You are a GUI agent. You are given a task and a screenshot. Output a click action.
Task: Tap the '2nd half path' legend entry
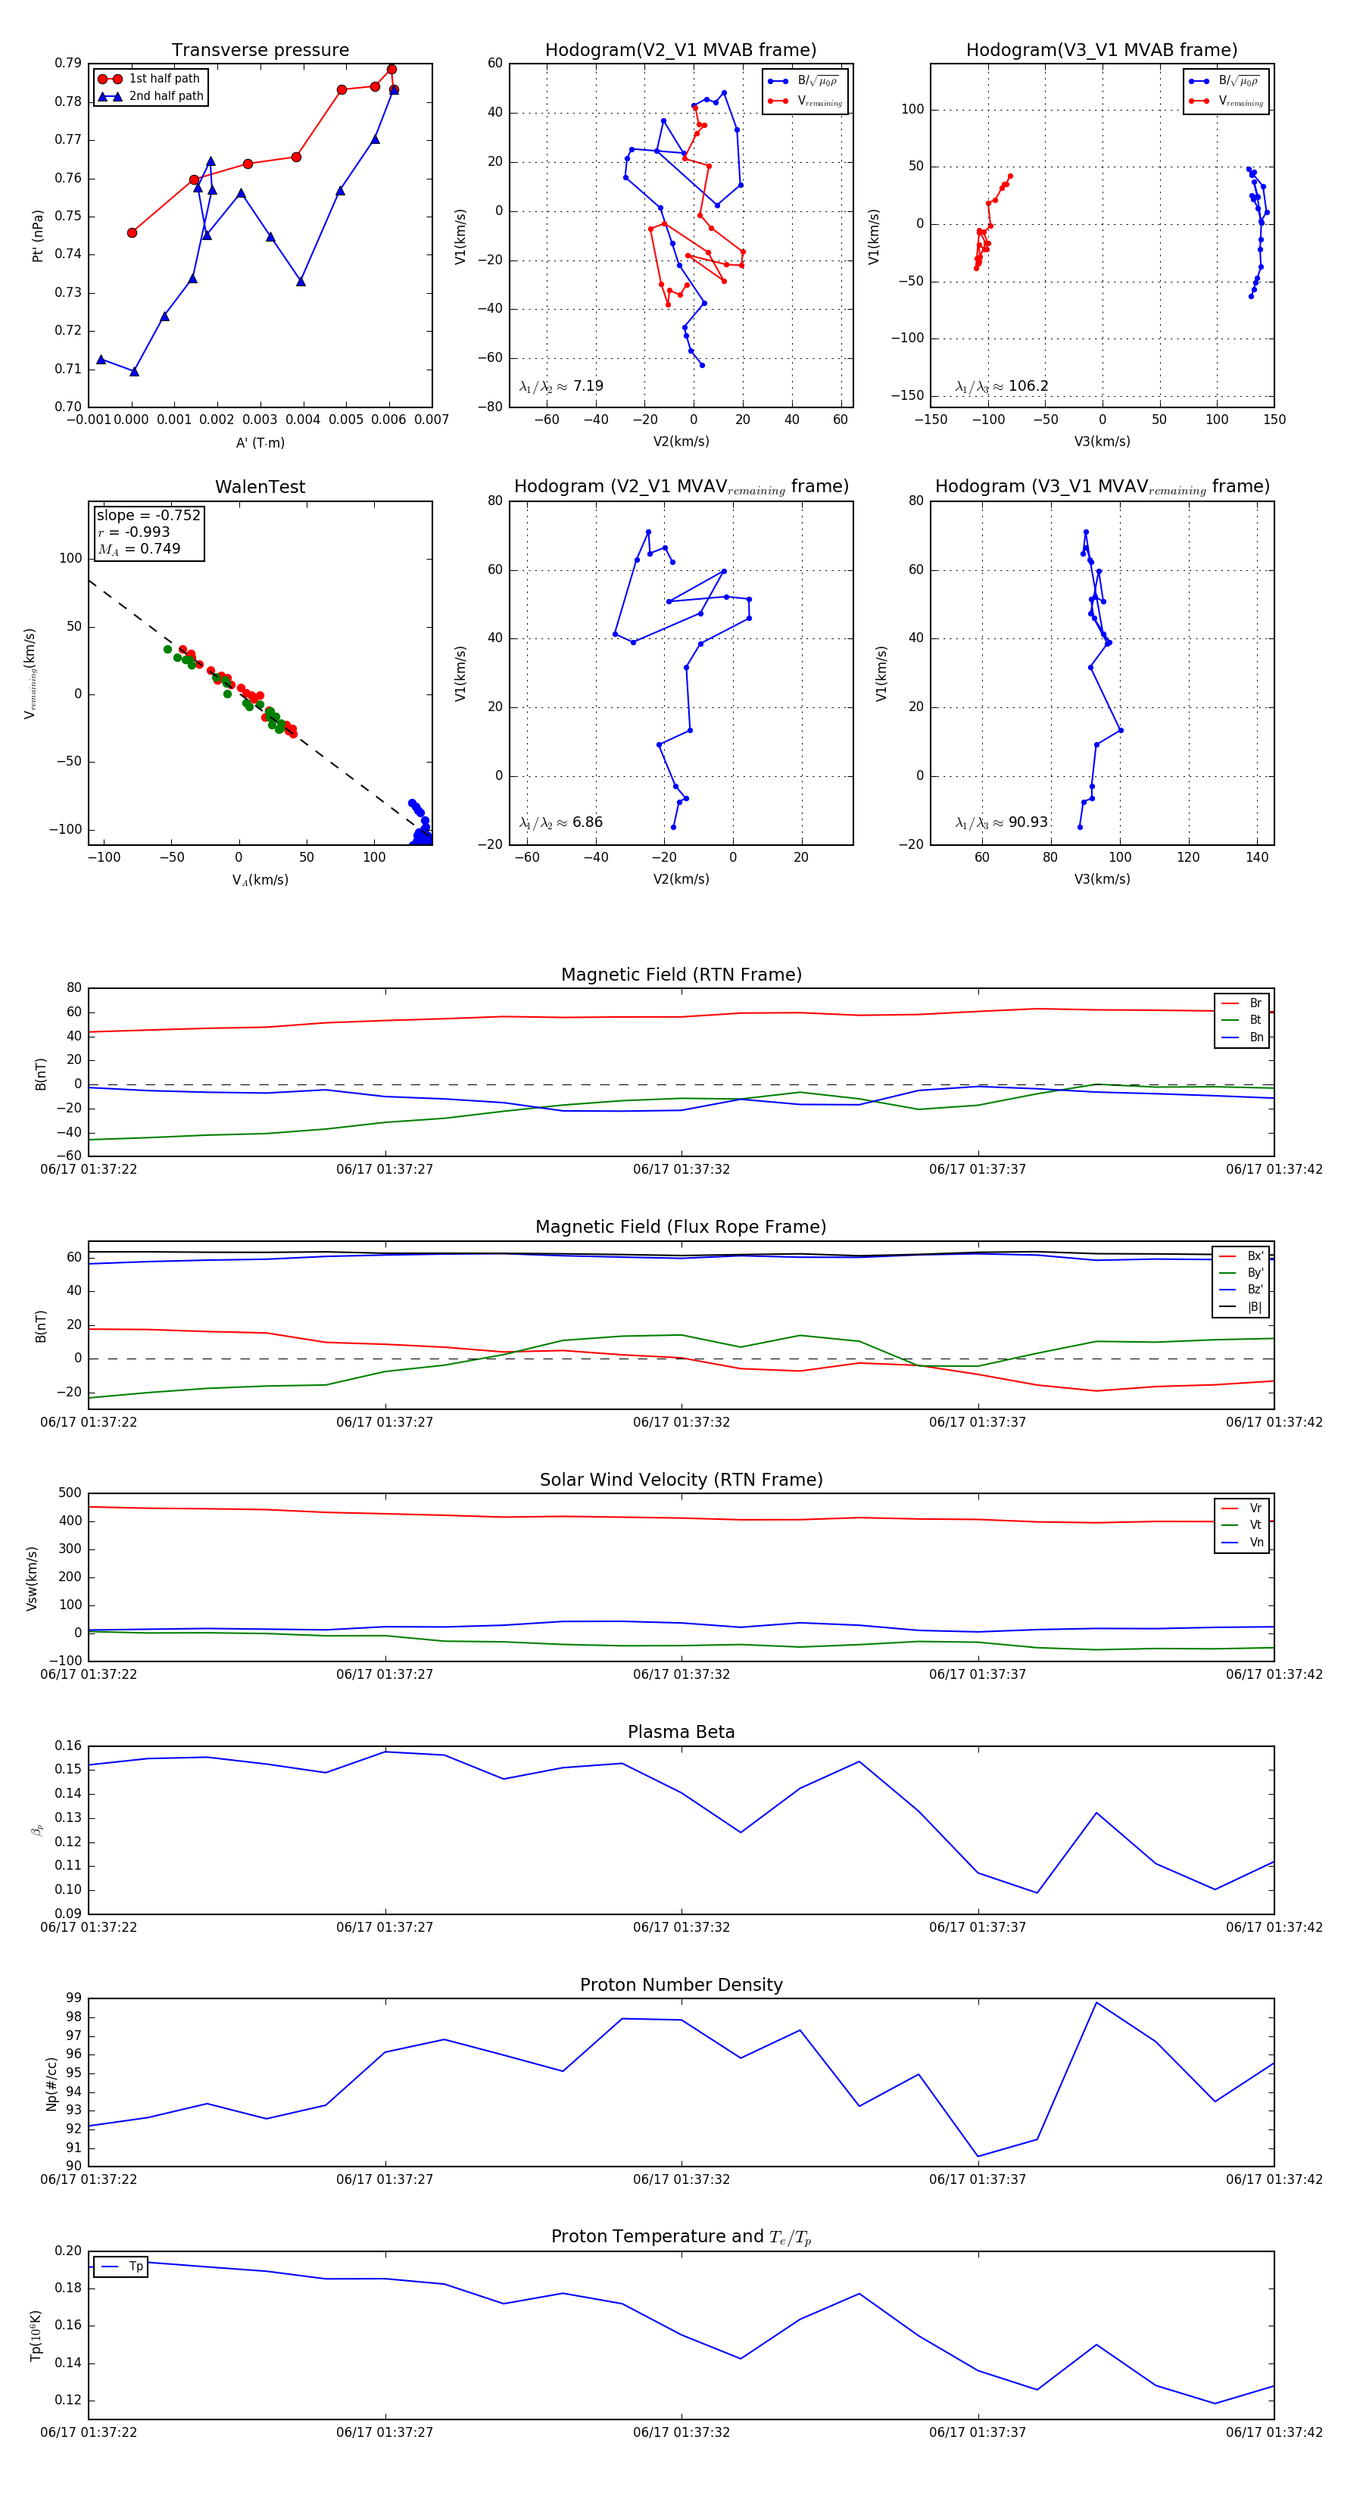(166, 96)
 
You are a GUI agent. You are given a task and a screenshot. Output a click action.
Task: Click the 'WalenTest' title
(260, 487)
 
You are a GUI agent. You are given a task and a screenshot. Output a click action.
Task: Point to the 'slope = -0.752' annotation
(148, 515)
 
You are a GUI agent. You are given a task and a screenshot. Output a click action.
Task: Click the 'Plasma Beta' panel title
(681, 1732)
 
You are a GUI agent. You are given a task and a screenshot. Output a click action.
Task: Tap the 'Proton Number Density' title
(681, 1984)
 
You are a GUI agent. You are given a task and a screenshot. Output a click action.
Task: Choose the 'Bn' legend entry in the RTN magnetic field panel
(1255, 1037)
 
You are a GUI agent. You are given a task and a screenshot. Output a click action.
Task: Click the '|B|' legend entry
(1255, 1307)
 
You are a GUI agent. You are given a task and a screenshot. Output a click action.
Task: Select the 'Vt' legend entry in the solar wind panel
(1255, 1525)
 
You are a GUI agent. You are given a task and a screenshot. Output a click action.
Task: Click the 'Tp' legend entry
(135, 2267)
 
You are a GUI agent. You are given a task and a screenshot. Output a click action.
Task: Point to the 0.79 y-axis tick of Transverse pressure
(68, 63)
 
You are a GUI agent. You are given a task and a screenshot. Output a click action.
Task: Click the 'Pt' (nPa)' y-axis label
(38, 236)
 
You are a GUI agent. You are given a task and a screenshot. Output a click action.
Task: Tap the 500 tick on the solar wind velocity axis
(70, 1493)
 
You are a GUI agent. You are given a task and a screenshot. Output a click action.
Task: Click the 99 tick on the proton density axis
(73, 1998)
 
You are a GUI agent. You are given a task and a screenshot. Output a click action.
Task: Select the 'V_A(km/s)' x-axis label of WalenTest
(260, 880)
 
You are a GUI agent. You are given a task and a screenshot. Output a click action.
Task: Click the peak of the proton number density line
(1096, 2002)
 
